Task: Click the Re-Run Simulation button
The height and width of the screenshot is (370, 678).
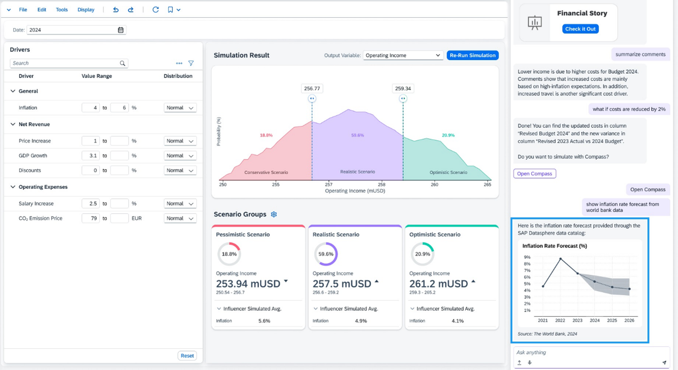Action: coord(472,55)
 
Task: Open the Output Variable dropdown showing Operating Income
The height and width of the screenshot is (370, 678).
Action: coord(403,55)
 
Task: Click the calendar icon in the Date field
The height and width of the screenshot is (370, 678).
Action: coord(121,30)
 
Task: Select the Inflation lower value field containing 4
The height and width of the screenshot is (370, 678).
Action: coord(91,108)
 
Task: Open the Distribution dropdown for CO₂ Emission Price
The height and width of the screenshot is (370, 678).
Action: coord(180,218)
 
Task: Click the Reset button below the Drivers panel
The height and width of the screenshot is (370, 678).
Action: coord(187,356)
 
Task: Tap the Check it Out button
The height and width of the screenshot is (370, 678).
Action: coord(580,29)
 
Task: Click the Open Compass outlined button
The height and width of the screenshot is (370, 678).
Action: coord(534,174)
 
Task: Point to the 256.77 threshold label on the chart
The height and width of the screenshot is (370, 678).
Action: coord(312,89)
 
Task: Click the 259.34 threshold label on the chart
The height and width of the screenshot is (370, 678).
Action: coord(403,89)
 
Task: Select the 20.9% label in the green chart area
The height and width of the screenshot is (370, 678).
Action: coord(448,135)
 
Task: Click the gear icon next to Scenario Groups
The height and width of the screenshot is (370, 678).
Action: coord(274,215)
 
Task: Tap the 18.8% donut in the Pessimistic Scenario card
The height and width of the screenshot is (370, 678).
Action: coord(229,254)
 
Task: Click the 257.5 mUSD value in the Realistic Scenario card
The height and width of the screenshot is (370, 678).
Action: coord(342,284)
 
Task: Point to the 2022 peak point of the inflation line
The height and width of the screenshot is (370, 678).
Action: coord(560,258)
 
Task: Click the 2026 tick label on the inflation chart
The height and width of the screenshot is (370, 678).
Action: coord(629,320)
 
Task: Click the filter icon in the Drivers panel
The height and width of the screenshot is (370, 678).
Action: coord(191,63)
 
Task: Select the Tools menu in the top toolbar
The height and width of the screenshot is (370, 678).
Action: coord(62,10)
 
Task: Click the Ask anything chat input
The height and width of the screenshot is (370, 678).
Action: coord(586,352)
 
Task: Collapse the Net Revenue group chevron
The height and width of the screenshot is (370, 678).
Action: coord(13,124)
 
